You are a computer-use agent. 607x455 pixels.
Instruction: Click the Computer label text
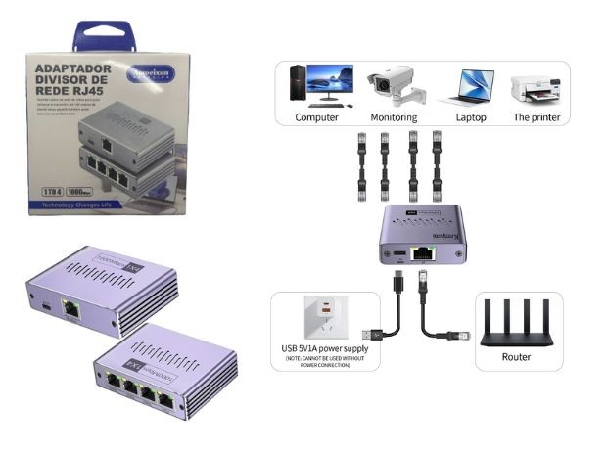316,117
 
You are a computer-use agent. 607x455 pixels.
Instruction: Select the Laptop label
465,117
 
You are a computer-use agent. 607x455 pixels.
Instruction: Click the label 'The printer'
537,117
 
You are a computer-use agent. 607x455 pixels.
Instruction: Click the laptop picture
466,87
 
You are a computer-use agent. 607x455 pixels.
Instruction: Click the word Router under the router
516,357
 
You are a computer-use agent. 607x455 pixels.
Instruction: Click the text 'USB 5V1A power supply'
323,348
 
